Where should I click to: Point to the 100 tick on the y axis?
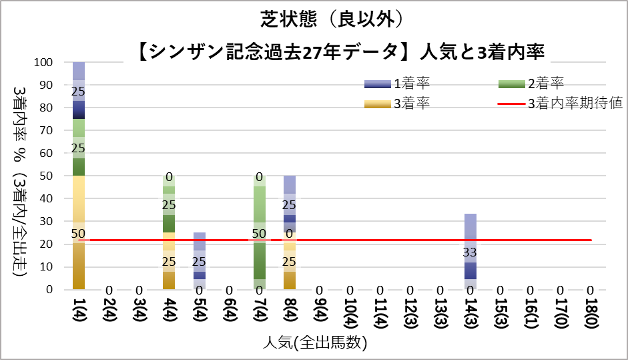(x=51, y=63)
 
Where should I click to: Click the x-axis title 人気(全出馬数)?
(x=313, y=343)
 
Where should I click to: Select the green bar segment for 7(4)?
(x=260, y=227)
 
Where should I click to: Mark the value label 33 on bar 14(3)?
(x=470, y=252)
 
